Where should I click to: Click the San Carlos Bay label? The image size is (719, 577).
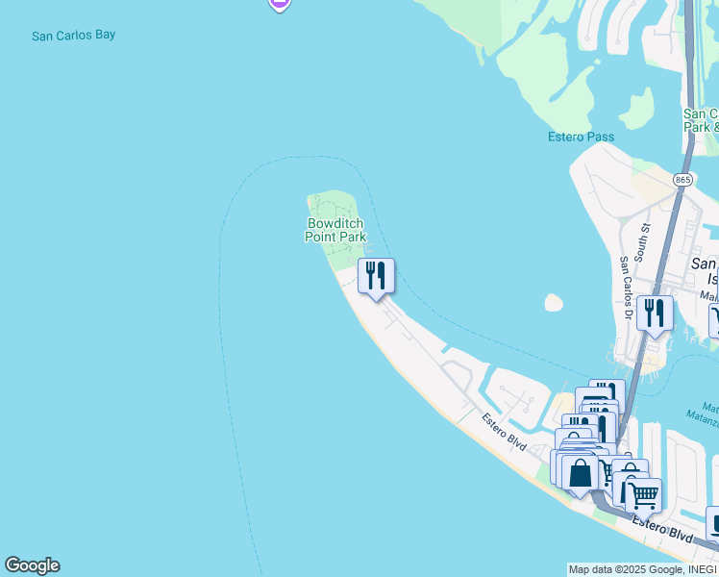click(x=73, y=36)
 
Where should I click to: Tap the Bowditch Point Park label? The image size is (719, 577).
click(x=335, y=230)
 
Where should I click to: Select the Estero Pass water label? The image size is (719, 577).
click(x=581, y=137)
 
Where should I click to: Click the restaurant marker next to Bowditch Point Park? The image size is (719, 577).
click(x=376, y=275)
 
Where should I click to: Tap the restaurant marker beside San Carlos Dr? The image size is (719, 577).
click(x=655, y=313)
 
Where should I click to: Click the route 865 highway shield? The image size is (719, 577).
click(x=682, y=180)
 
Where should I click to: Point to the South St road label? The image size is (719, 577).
click(x=646, y=234)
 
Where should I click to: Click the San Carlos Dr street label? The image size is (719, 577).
click(x=626, y=274)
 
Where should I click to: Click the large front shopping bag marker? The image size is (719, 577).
click(x=580, y=473)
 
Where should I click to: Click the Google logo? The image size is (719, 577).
click(x=32, y=565)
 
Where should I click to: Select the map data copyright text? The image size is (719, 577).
click(x=642, y=569)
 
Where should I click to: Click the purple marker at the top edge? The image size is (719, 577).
click(x=279, y=4)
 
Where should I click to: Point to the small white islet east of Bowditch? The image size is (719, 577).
click(x=553, y=303)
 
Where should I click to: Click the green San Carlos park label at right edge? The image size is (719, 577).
click(x=701, y=120)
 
